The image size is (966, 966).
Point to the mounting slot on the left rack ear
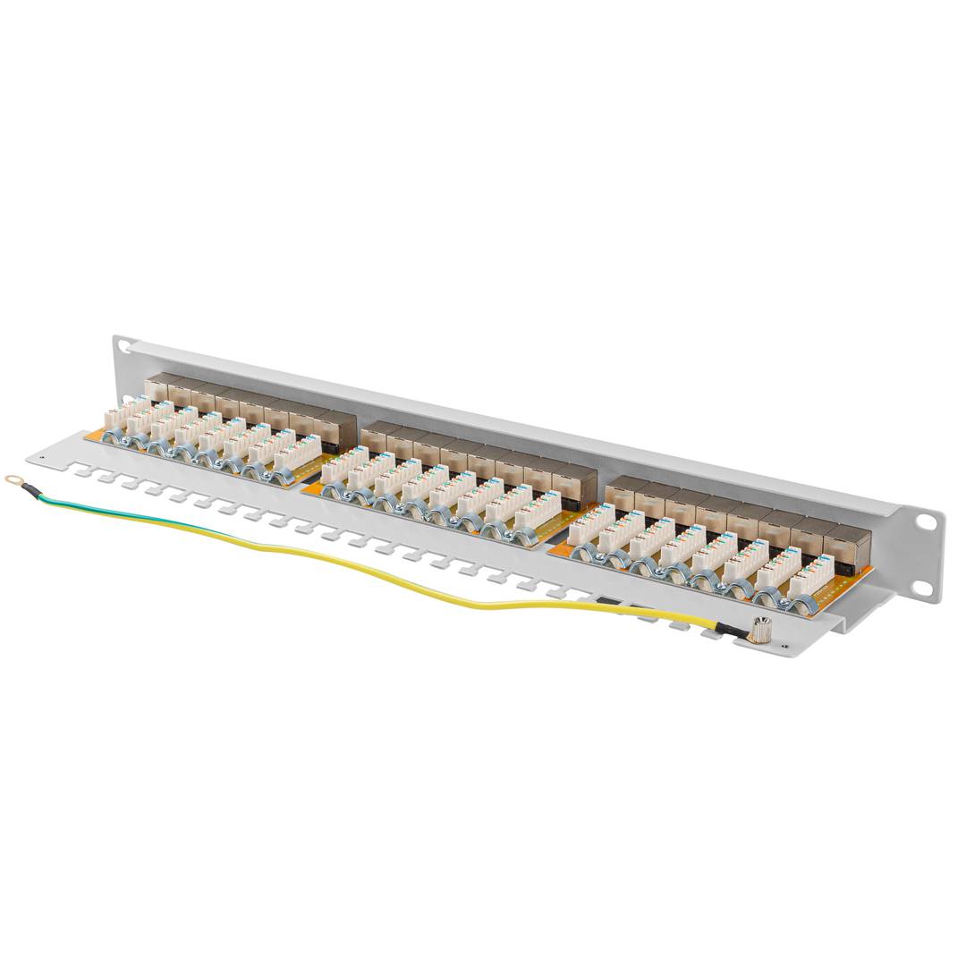[x=123, y=345]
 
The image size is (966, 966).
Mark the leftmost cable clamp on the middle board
[x=333, y=488]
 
